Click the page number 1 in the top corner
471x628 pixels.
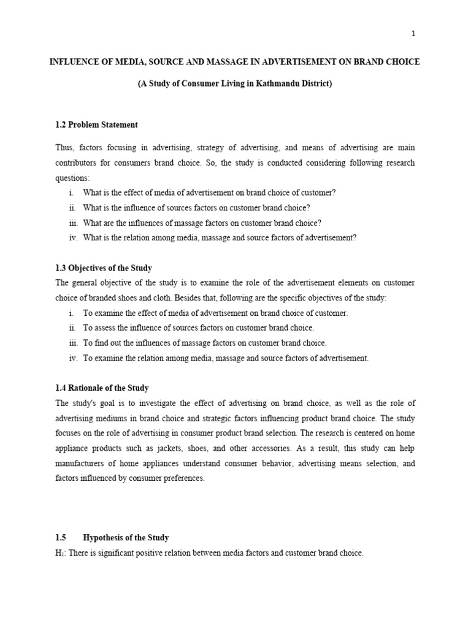tap(413, 34)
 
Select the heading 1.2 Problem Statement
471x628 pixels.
tap(96, 124)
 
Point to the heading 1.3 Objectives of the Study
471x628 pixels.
tap(104, 268)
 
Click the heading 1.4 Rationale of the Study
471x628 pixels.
tap(102, 388)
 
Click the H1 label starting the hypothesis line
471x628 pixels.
tap(59, 553)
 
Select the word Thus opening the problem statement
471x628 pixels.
tap(64, 148)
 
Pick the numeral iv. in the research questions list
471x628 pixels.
tap(74, 238)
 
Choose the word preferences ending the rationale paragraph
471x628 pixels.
tap(183, 478)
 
